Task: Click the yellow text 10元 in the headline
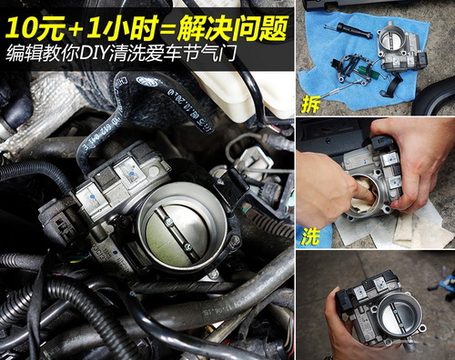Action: coord(35,28)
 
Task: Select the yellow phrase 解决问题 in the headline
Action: coord(232,28)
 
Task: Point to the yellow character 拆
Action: coord(310,105)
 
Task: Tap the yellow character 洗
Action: coord(310,235)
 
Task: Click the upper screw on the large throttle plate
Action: coord(169,224)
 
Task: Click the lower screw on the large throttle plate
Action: coord(188,247)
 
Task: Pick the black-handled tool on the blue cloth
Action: coord(349,30)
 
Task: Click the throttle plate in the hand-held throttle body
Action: coord(398,317)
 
